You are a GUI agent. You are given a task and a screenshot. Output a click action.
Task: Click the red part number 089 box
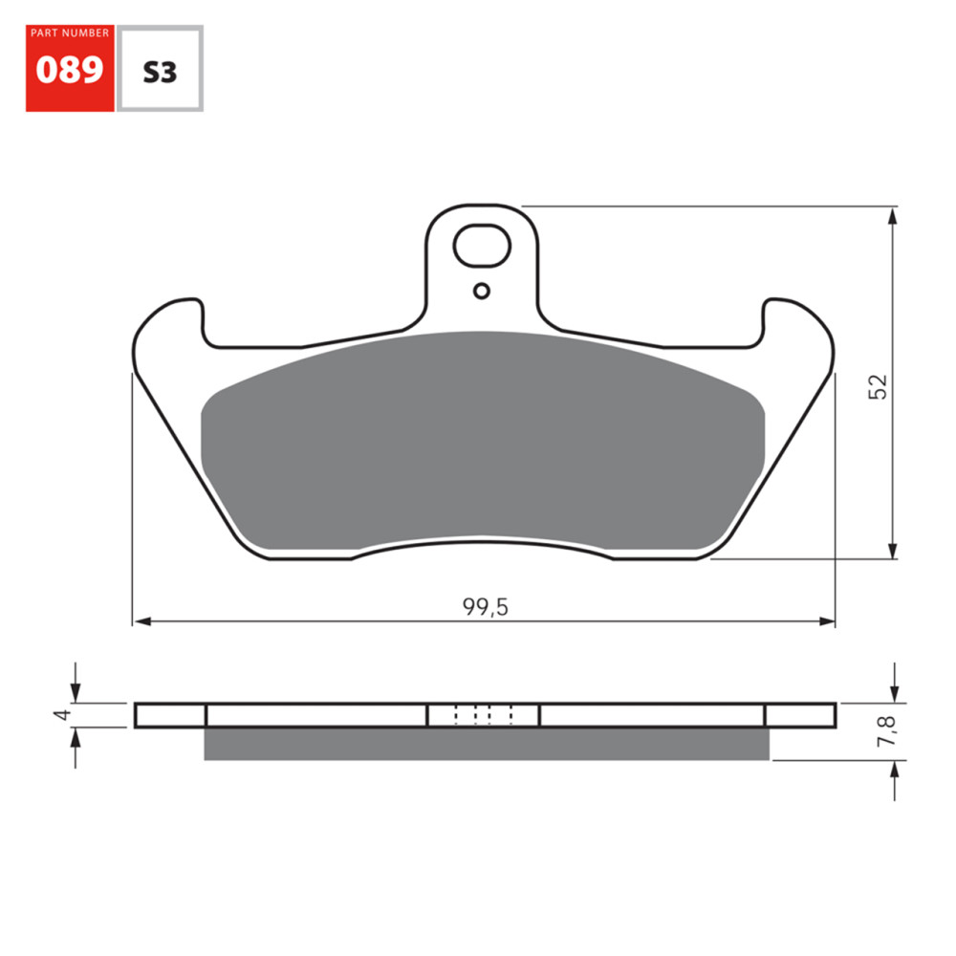pyautogui.click(x=70, y=69)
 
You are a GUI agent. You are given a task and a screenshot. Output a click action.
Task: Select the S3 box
pyautogui.click(x=160, y=70)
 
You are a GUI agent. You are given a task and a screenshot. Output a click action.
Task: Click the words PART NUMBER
pyautogui.click(x=70, y=33)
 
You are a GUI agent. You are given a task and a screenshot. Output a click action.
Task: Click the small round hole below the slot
pyautogui.click(x=482, y=291)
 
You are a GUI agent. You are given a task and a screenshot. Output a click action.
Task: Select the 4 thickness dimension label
pyautogui.click(x=60, y=714)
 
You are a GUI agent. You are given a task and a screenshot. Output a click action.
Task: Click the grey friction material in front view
pyautogui.click(x=483, y=445)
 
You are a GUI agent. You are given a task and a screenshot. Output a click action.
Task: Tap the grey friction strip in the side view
pyautogui.click(x=487, y=744)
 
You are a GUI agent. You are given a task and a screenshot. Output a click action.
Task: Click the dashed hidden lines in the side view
pyautogui.click(x=484, y=714)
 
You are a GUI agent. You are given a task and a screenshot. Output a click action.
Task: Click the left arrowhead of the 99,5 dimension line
pyautogui.click(x=141, y=621)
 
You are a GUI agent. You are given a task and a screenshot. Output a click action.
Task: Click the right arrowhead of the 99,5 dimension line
pyautogui.click(x=827, y=621)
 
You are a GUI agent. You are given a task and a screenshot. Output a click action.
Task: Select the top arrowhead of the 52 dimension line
pyautogui.click(x=893, y=215)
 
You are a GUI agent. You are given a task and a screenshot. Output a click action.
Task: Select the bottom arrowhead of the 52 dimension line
pyautogui.click(x=893, y=551)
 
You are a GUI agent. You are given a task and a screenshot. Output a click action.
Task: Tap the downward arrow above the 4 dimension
pyautogui.click(x=76, y=694)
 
